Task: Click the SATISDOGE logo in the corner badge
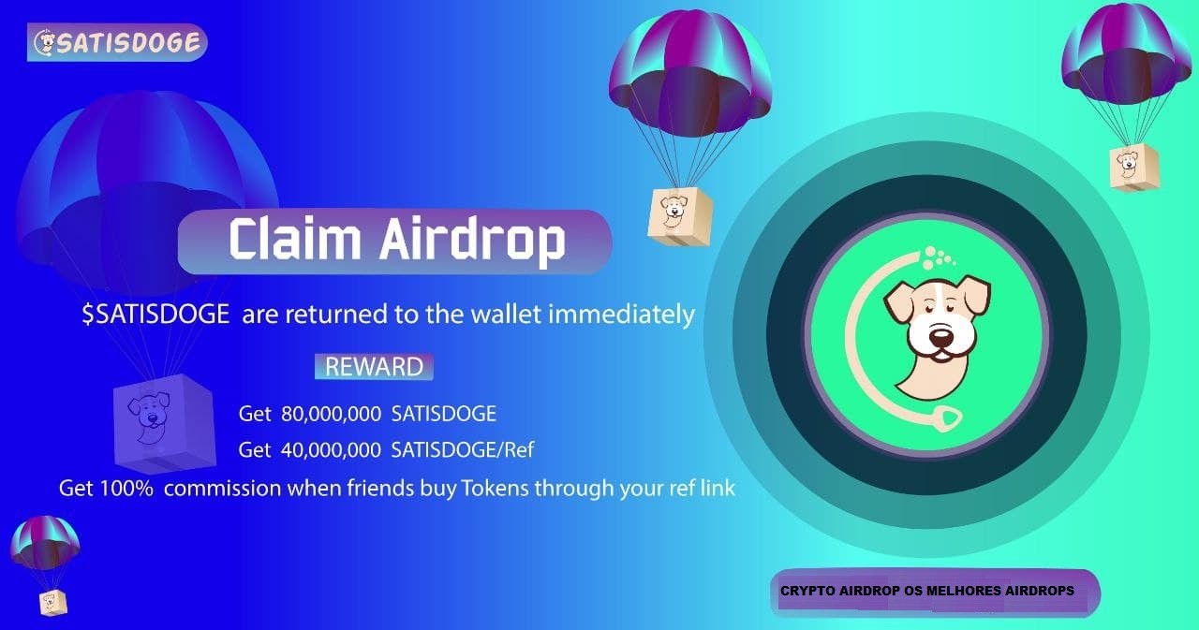coord(117,42)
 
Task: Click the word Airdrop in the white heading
coord(473,242)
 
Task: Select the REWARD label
coord(374,367)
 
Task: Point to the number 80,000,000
coord(331,414)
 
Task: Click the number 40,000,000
coord(331,450)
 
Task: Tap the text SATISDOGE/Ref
coord(463,450)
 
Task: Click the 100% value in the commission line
coord(126,489)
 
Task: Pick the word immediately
coord(621,314)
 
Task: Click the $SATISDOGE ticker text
coord(155,314)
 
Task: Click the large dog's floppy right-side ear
coord(974,293)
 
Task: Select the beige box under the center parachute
coord(680,216)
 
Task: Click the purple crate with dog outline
coord(165,422)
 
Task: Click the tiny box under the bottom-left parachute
coord(53,603)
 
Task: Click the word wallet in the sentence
coord(506,314)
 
